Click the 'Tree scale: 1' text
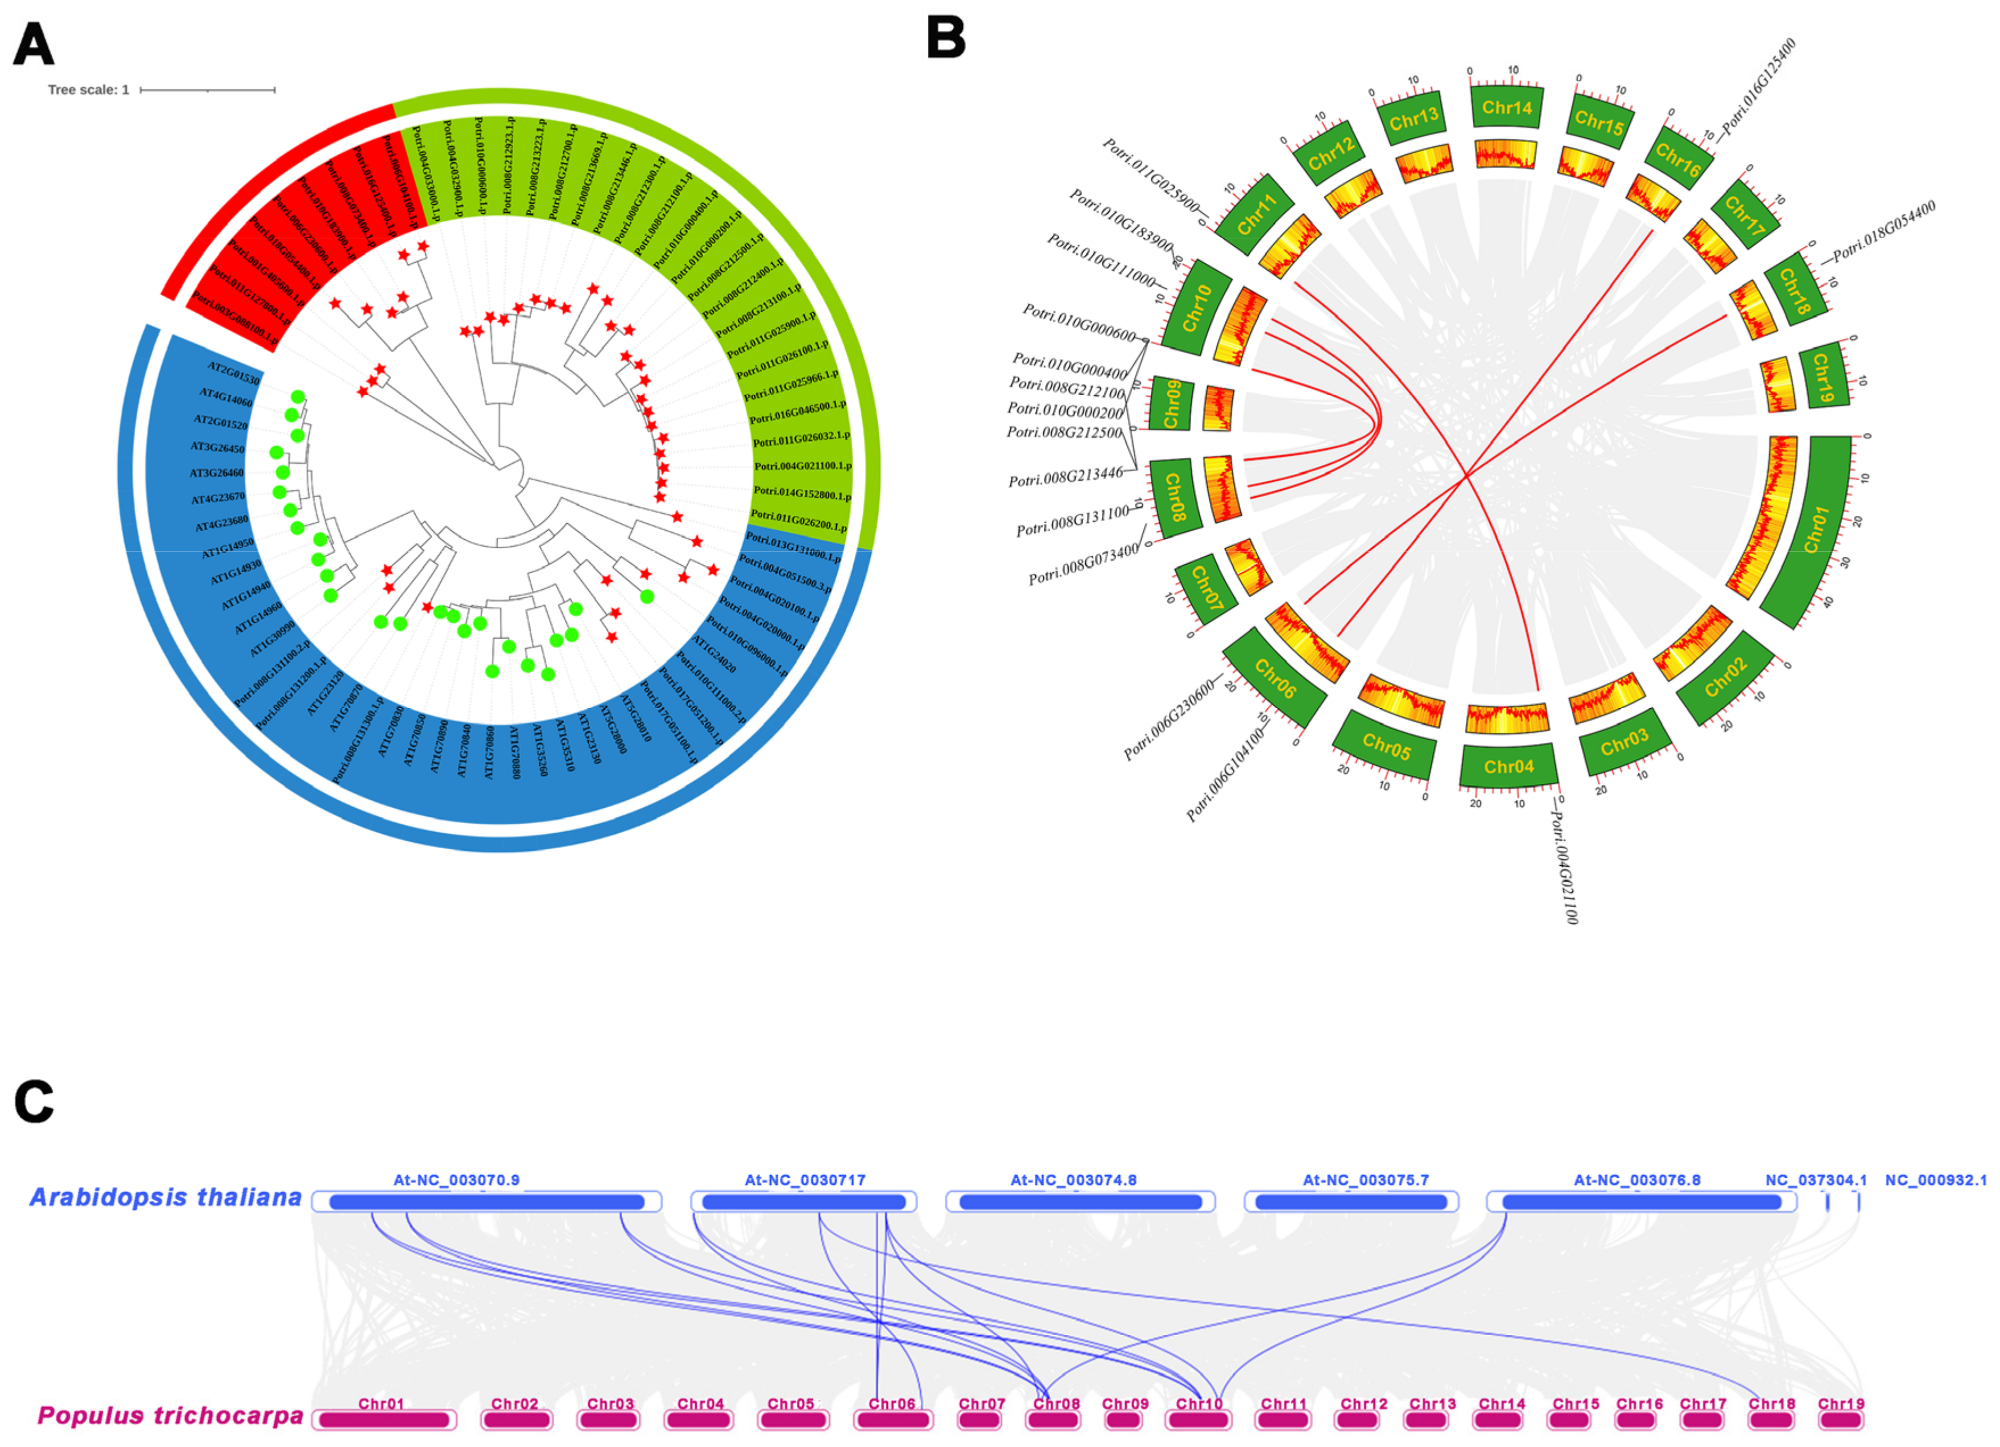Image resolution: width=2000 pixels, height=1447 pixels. pyautogui.click(x=88, y=90)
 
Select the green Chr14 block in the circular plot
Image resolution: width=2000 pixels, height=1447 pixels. pyautogui.click(x=1507, y=108)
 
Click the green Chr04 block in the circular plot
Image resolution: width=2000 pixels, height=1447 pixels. pyautogui.click(x=1508, y=766)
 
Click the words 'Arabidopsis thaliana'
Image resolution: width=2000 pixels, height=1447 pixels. pyautogui.click(x=166, y=1197)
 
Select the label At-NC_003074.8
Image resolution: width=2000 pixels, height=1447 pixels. pyautogui.click(x=1073, y=1180)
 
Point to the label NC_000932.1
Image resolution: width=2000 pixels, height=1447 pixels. pyautogui.click(x=1936, y=1180)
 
